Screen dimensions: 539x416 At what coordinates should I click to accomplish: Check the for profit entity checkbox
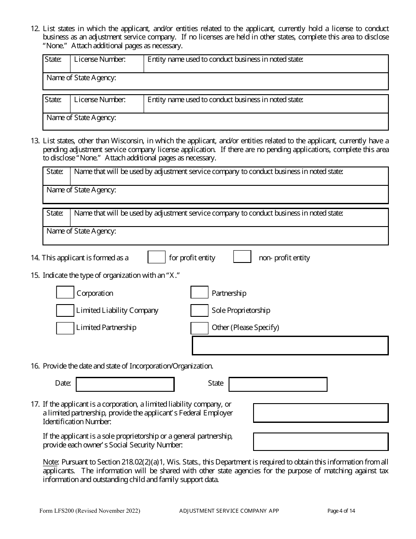(x=156, y=257)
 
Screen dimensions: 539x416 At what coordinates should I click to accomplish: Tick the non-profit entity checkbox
(x=242, y=257)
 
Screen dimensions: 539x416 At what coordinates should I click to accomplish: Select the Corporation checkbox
(x=65, y=293)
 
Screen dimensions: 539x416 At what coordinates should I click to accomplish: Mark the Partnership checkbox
(x=199, y=293)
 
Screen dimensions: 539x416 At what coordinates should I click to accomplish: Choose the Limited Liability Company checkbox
(x=65, y=311)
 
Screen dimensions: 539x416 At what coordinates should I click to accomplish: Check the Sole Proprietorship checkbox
(x=199, y=311)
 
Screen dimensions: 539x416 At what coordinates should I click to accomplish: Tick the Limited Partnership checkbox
(x=65, y=328)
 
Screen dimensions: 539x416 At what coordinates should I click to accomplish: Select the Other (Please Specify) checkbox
(x=199, y=328)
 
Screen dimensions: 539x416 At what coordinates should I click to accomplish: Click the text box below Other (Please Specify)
(x=290, y=345)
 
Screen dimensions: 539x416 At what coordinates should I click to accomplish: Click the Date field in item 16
(x=125, y=384)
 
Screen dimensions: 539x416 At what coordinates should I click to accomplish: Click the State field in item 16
(x=278, y=384)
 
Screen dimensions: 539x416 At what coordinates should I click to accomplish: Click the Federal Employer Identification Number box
(x=321, y=413)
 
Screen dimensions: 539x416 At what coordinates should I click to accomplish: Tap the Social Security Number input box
(x=321, y=442)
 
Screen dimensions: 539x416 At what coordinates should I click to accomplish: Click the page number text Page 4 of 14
(x=341, y=511)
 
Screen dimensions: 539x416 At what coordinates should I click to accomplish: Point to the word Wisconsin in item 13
(x=127, y=141)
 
